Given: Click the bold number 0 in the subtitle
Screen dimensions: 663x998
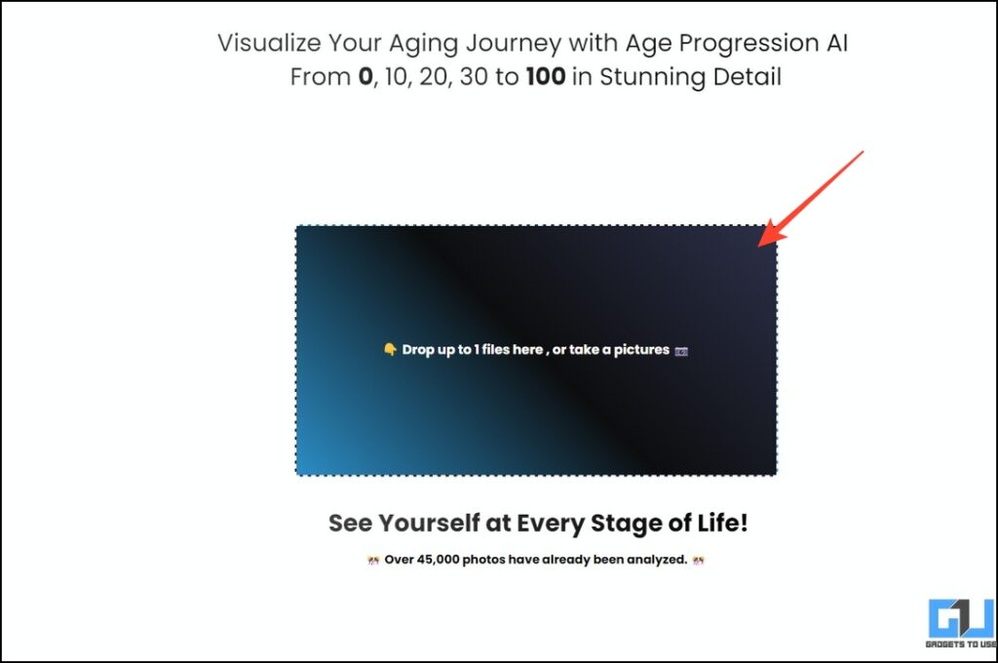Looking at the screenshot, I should click(x=365, y=76).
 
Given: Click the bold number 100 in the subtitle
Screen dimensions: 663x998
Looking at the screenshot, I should click(x=545, y=76).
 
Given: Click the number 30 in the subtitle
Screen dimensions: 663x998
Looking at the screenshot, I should click(x=472, y=76).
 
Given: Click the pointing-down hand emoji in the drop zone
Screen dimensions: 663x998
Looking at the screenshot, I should click(x=389, y=349).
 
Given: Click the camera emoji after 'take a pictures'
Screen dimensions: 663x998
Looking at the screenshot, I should click(x=681, y=350).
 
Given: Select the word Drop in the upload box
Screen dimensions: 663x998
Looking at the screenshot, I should click(x=418, y=349).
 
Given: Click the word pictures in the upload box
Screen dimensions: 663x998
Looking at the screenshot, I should click(x=641, y=349).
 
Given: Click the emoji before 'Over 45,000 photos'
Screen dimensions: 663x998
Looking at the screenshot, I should click(x=372, y=561).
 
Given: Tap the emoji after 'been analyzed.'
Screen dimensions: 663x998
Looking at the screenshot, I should click(x=697, y=561).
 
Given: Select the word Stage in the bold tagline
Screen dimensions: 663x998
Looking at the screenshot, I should click(x=626, y=524).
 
